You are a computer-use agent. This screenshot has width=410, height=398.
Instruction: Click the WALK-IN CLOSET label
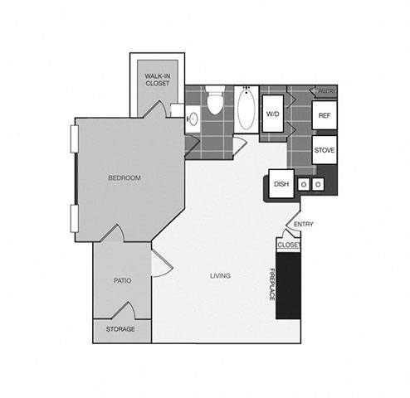pyautogui.click(x=157, y=79)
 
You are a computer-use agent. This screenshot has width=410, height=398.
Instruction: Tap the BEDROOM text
pyautogui.click(x=124, y=178)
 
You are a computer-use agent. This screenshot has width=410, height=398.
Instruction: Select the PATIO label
pyautogui.click(x=122, y=280)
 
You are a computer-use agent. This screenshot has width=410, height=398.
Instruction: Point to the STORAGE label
pyautogui.click(x=121, y=329)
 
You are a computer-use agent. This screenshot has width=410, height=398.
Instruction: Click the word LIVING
pyautogui.click(x=220, y=275)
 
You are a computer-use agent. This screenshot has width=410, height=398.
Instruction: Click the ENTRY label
pyautogui.click(x=304, y=224)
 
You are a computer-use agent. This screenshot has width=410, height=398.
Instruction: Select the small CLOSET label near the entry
pyautogui.click(x=288, y=245)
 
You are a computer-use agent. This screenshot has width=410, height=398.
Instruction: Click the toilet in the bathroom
pyautogui.click(x=215, y=104)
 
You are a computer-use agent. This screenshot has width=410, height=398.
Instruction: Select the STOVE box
pyautogui.click(x=325, y=151)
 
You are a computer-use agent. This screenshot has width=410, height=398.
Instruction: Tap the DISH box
pyautogui.click(x=281, y=185)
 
